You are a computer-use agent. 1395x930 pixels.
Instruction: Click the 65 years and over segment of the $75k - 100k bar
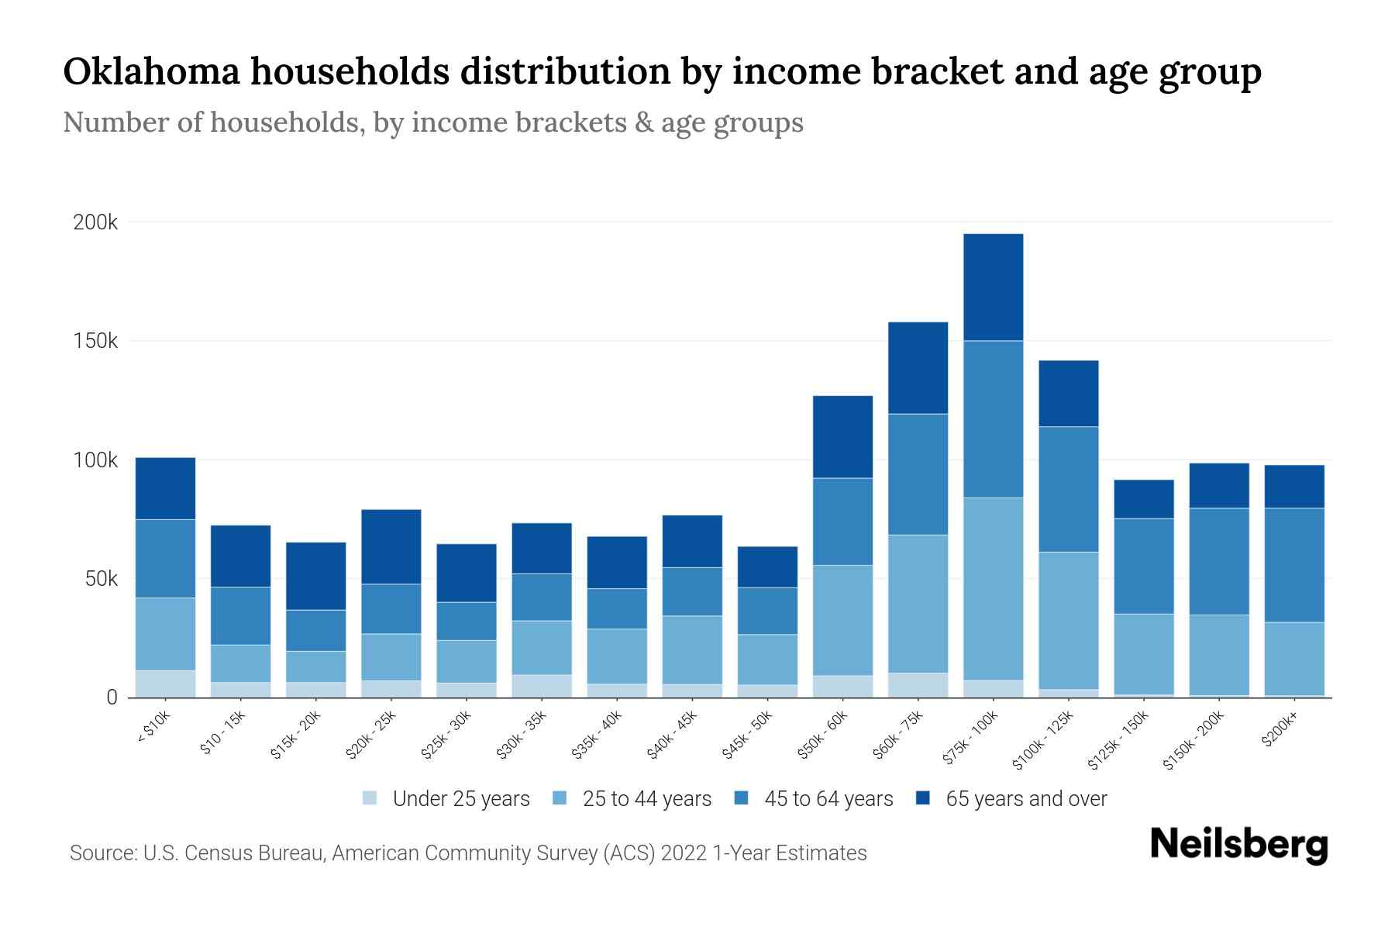click(993, 287)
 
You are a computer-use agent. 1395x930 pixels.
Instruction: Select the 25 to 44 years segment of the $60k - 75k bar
click(918, 603)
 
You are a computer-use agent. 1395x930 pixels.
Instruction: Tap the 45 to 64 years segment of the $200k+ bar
click(1293, 565)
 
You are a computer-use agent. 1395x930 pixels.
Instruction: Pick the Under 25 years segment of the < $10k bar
click(165, 684)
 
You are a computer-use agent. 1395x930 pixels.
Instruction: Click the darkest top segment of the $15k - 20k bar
click(315, 576)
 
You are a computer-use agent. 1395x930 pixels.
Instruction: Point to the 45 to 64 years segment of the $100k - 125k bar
click(1068, 489)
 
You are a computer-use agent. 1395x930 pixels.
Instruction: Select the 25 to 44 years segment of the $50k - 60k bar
click(842, 620)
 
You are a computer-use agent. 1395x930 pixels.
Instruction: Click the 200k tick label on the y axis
click(95, 223)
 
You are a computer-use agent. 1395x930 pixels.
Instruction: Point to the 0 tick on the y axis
click(112, 697)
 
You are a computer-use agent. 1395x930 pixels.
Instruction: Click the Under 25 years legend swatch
click(370, 798)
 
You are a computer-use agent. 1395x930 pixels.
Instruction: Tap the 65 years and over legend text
click(1026, 799)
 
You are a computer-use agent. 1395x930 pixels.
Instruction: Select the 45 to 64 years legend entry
click(814, 799)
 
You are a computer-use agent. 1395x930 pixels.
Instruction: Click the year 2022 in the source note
click(685, 853)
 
